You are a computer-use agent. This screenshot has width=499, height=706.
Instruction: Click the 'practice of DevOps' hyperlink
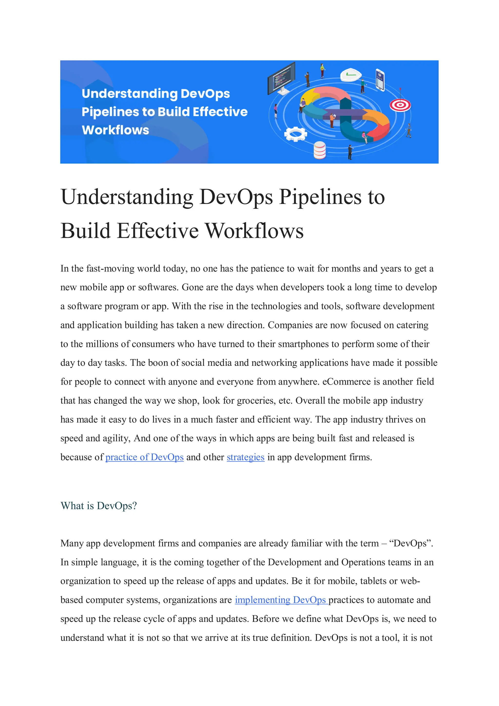click(144, 457)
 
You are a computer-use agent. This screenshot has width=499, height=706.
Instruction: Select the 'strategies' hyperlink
click(245, 457)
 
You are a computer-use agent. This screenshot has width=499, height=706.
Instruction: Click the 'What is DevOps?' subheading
click(98, 506)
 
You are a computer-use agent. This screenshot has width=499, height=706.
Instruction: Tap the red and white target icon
click(400, 105)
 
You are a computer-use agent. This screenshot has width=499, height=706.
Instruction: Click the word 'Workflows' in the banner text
click(115, 130)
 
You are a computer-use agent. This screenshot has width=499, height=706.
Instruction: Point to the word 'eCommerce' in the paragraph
click(346, 382)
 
